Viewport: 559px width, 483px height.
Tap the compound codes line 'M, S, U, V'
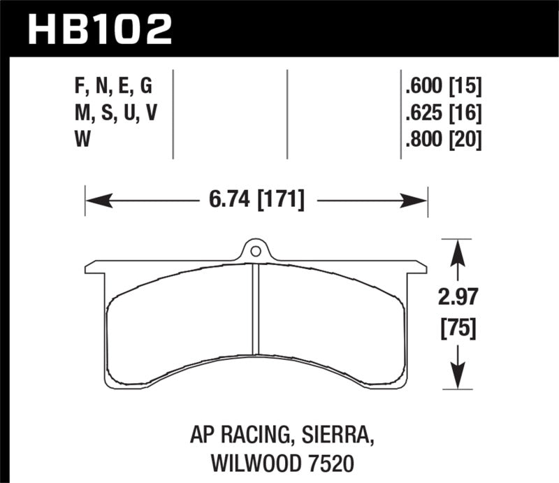pos(115,113)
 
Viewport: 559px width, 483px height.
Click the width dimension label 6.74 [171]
pos(256,201)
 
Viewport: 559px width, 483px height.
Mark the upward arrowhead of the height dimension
pos(457,250)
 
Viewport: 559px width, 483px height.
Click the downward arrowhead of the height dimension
pos(457,379)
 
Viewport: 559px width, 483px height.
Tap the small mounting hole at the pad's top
pos(256,250)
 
